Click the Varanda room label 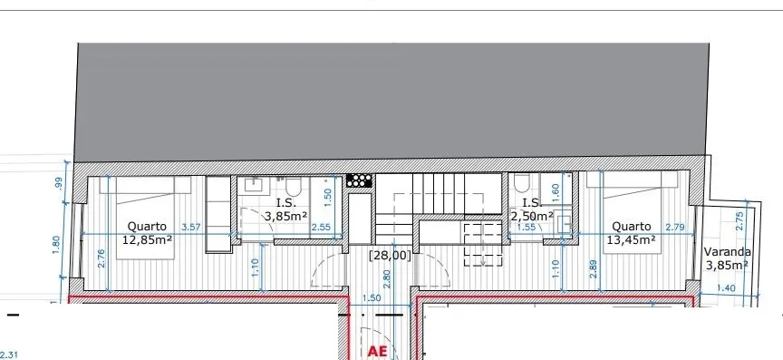click(727, 252)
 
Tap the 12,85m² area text click(148, 239)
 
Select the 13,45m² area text click(631, 239)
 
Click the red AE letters click(378, 351)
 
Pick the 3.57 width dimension click(190, 227)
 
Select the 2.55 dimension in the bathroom click(321, 227)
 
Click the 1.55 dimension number click(527, 227)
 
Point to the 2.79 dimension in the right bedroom click(675, 227)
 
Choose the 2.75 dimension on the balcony click(740, 221)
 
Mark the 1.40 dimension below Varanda click(726, 288)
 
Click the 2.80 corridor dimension click(387, 279)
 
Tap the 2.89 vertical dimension click(594, 268)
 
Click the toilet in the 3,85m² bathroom click(293, 187)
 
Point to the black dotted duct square click(359, 180)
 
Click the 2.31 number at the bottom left click(9, 355)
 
